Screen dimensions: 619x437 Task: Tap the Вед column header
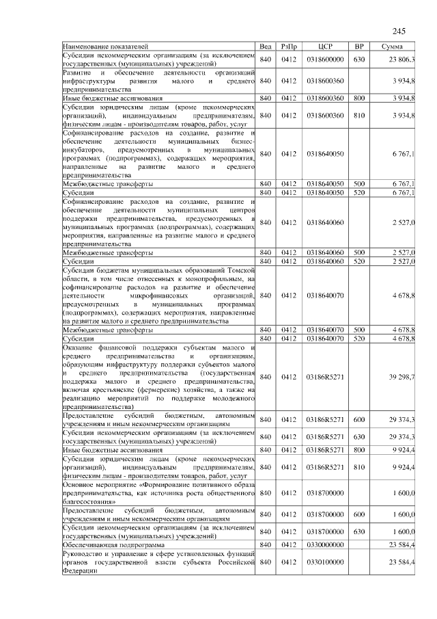266,47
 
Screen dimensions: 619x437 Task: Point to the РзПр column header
287,47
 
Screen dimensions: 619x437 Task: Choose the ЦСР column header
325,47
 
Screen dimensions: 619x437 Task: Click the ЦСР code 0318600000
325,60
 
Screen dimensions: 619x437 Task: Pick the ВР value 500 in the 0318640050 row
359,184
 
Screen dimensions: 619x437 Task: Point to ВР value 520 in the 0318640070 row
359,339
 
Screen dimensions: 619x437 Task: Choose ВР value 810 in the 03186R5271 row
359,467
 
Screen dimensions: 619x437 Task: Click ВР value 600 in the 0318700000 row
359,514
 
